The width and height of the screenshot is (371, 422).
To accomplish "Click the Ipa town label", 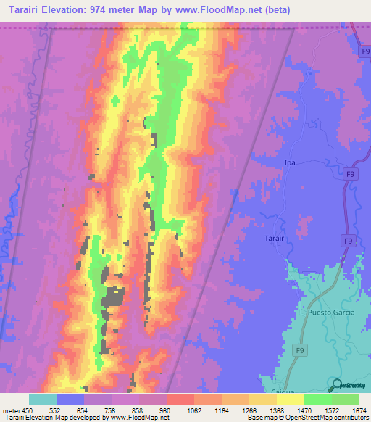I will pos(289,163).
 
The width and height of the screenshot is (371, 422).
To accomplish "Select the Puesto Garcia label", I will pos(330,314).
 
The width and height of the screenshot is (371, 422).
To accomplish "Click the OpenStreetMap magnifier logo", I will pos(337,385).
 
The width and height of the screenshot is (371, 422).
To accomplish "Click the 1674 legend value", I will pos(359,410).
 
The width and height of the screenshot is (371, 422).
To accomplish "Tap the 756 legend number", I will pos(111,410).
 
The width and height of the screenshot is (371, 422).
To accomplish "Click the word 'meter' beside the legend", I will pos(11,410).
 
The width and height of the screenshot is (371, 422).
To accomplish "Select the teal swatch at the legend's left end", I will pos(43,400).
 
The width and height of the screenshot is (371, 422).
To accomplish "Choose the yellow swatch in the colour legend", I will pos(290,400).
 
